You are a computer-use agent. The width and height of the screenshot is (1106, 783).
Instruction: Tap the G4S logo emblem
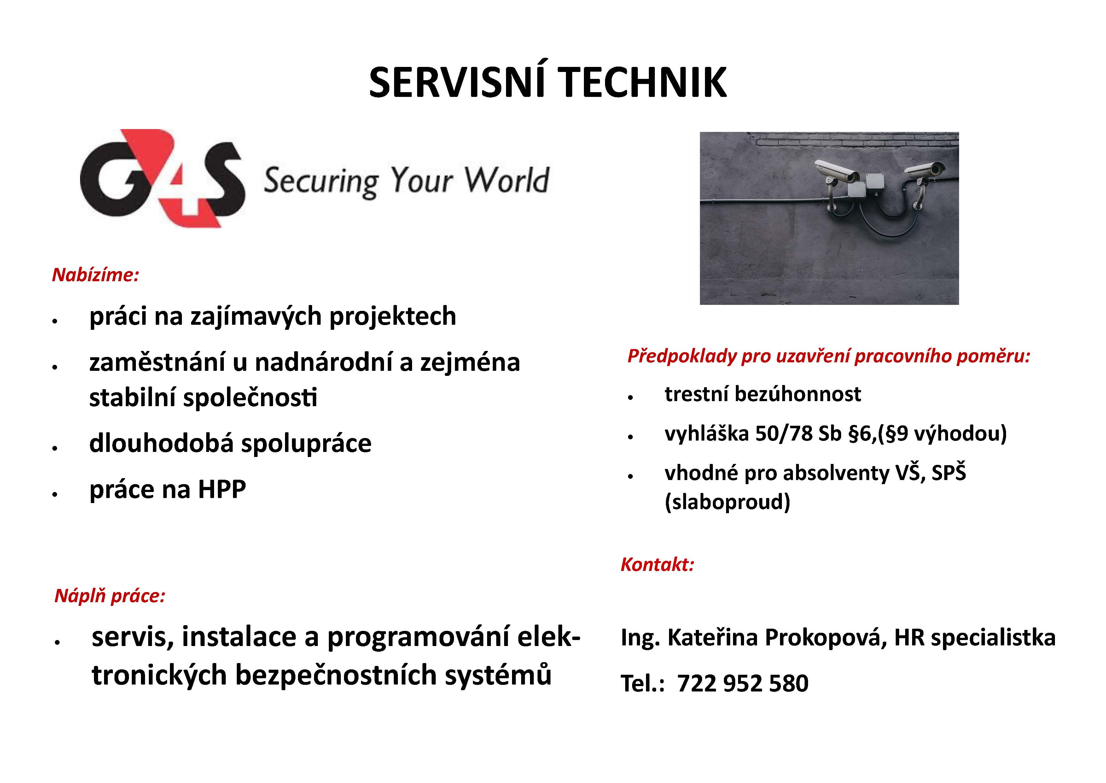click(162, 178)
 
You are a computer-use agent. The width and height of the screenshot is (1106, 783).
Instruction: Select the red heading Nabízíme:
click(96, 275)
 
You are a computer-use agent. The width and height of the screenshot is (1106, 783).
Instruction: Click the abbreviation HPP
click(222, 489)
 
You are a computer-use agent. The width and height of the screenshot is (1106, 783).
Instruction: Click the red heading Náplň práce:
click(110, 596)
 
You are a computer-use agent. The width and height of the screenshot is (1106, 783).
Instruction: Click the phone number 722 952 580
click(743, 683)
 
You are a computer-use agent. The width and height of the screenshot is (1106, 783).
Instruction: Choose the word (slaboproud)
click(727, 502)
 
